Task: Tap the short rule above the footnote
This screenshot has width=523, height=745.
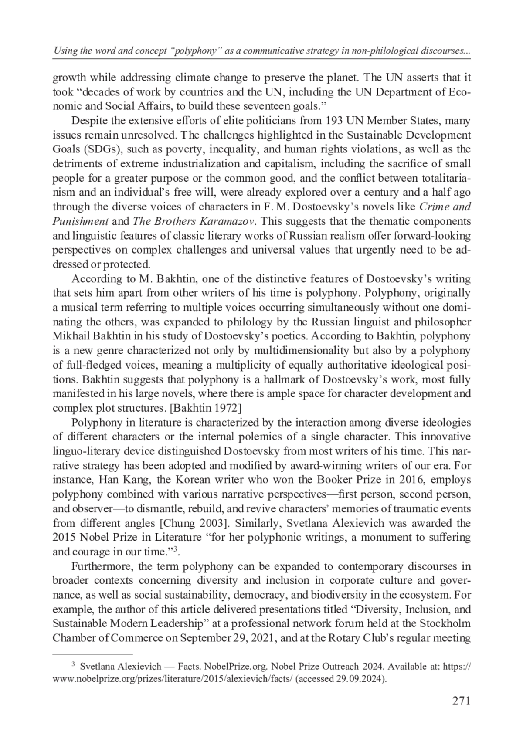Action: pyautogui.click(x=92, y=654)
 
